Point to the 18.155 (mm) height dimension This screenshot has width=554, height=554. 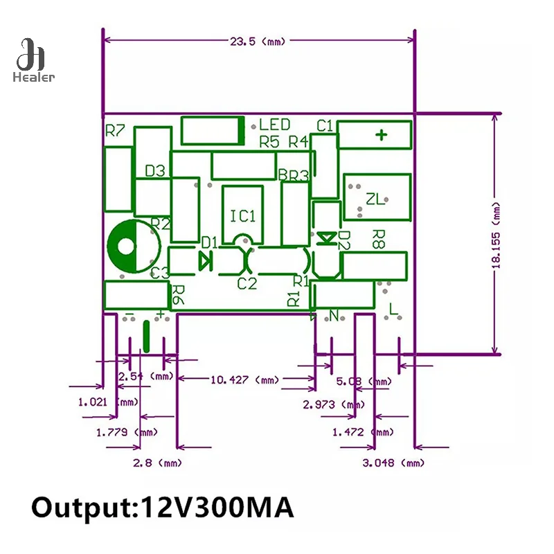pyautogui.click(x=495, y=235)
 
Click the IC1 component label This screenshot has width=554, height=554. pyautogui.click(x=243, y=216)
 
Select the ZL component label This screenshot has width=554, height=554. pyautogui.click(x=375, y=200)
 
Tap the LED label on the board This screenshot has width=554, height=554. pyautogui.click(x=275, y=125)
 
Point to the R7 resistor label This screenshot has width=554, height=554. pyautogui.click(x=115, y=130)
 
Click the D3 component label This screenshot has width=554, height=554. pyautogui.click(x=154, y=171)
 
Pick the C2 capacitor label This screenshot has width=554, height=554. pyautogui.click(x=247, y=283)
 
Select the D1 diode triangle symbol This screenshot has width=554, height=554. pyautogui.click(x=205, y=260)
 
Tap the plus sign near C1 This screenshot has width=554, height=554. pyautogui.click(x=380, y=134)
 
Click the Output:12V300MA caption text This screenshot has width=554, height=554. pyautogui.click(x=163, y=507)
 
